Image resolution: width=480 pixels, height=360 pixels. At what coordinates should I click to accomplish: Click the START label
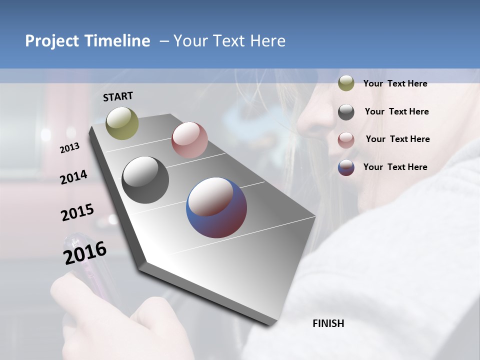pyautogui.click(x=118, y=96)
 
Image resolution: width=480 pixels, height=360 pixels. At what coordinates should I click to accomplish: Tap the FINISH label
pyautogui.click(x=328, y=323)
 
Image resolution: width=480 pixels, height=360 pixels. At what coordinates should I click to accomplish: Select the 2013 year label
pyautogui.click(x=70, y=148)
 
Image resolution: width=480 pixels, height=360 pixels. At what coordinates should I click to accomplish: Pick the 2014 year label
pyautogui.click(x=73, y=177)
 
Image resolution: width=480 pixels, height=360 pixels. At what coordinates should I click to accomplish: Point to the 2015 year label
pyautogui.click(x=77, y=212)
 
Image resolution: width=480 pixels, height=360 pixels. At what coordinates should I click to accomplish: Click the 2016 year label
pyautogui.click(x=85, y=253)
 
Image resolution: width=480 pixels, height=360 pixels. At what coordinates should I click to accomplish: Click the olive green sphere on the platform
pyautogui.click(x=122, y=123)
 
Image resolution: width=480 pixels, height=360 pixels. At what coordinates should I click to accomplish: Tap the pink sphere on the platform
pyautogui.click(x=189, y=140)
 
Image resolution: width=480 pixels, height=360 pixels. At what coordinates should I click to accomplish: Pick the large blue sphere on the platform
pyautogui.click(x=216, y=207)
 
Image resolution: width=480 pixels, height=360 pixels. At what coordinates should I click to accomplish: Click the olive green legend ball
pyautogui.click(x=346, y=83)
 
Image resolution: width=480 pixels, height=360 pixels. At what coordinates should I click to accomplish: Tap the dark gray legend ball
pyautogui.click(x=346, y=112)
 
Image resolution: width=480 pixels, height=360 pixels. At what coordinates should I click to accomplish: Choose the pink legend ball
pyautogui.click(x=346, y=140)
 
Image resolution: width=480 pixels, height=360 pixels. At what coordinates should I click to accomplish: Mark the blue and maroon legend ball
pyautogui.click(x=346, y=167)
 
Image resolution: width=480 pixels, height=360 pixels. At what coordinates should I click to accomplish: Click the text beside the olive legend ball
pyautogui.click(x=395, y=84)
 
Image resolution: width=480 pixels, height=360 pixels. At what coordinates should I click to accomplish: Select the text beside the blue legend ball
pyautogui.click(x=395, y=167)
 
